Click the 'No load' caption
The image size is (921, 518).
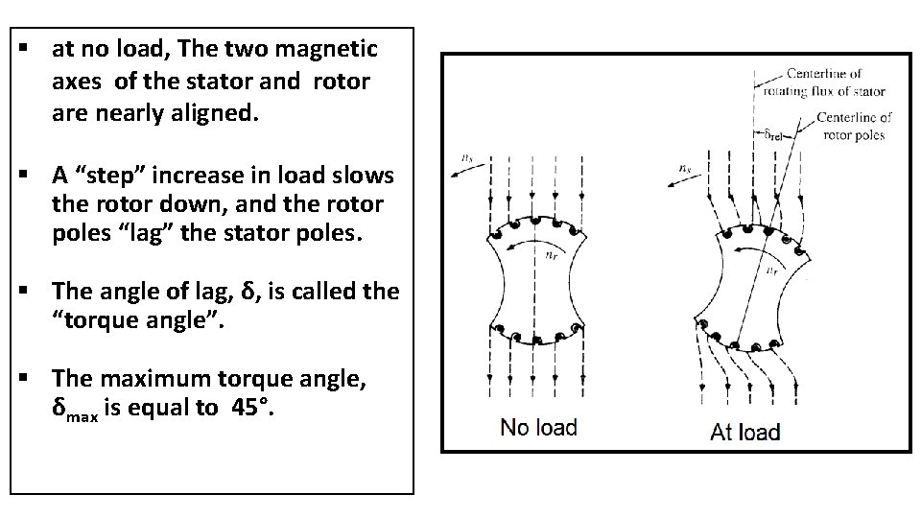(x=538, y=427)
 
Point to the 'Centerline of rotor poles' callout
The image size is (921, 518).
(x=854, y=126)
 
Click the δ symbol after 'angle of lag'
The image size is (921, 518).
(x=248, y=291)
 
